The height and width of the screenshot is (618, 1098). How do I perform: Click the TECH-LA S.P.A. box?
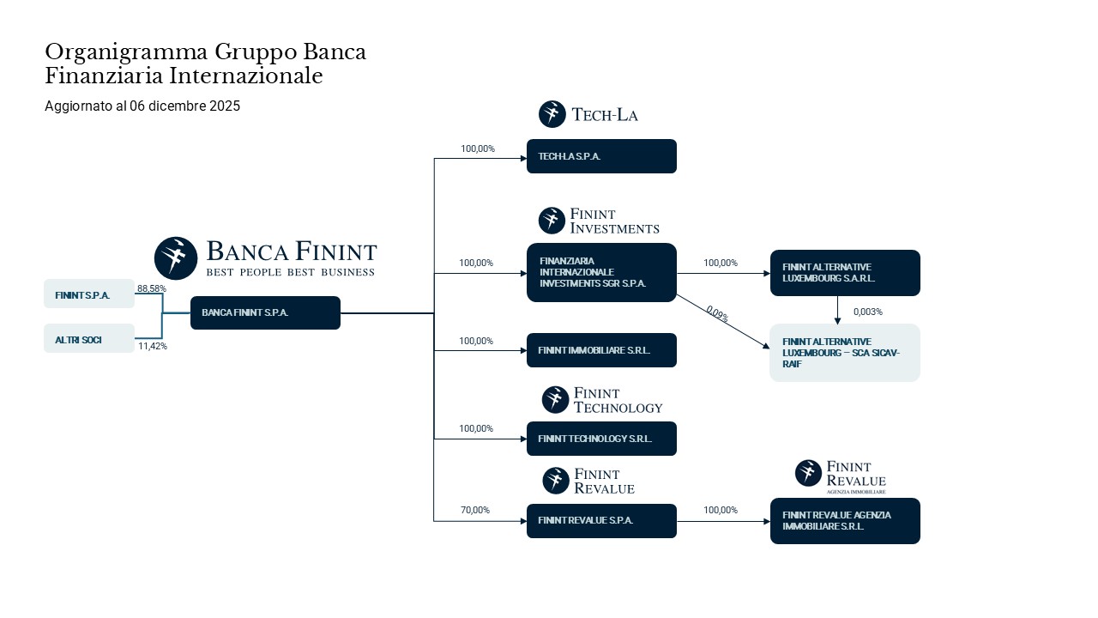(601, 156)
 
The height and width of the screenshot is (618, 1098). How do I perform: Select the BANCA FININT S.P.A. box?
(265, 312)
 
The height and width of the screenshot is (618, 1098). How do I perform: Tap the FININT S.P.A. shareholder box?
(89, 294)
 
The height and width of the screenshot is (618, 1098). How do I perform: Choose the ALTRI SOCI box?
(89, 338)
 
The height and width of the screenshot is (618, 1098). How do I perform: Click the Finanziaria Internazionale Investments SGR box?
(601, 272)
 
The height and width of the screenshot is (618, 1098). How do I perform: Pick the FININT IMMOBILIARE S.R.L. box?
(601, 350)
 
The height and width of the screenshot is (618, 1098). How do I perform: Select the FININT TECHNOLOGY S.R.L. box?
(601, 439)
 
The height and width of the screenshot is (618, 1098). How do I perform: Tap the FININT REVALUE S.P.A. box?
(601, 521)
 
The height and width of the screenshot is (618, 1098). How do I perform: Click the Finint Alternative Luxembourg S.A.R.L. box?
(845, 273)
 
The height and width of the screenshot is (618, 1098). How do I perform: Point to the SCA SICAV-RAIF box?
(845, 353)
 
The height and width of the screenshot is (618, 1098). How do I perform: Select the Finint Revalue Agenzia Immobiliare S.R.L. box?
(845, 521)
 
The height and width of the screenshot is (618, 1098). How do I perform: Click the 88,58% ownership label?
(152, 288)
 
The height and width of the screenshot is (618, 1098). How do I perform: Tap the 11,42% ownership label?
(153, 346)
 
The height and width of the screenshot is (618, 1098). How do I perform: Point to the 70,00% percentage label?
(475, 510)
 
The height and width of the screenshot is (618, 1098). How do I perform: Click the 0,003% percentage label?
(868, 312)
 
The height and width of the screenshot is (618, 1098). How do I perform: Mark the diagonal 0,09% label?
(717, 314)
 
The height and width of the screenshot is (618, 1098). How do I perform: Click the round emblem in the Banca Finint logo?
(176, 258)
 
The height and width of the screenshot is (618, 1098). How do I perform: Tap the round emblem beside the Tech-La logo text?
(552, 114)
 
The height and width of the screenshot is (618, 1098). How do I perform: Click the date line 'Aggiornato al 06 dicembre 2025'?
(142, 106)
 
